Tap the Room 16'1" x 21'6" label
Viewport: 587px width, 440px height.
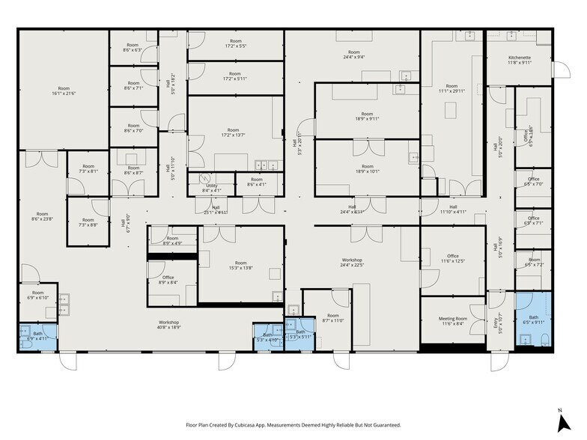tap(64, 91)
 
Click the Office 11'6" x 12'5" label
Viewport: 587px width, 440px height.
tap(452, 258)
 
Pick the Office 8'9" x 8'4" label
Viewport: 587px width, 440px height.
tap(169, 279)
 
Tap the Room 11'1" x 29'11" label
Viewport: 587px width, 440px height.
tap(451, 88)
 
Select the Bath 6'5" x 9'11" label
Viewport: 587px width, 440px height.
tap(533, 320)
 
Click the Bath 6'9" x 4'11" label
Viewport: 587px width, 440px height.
tap(37, 336)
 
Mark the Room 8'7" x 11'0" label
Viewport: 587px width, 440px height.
tap(332, 318)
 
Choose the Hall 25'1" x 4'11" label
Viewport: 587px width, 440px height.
tap(216, 210)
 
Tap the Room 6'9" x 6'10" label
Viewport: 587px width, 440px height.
tap(37, 295)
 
